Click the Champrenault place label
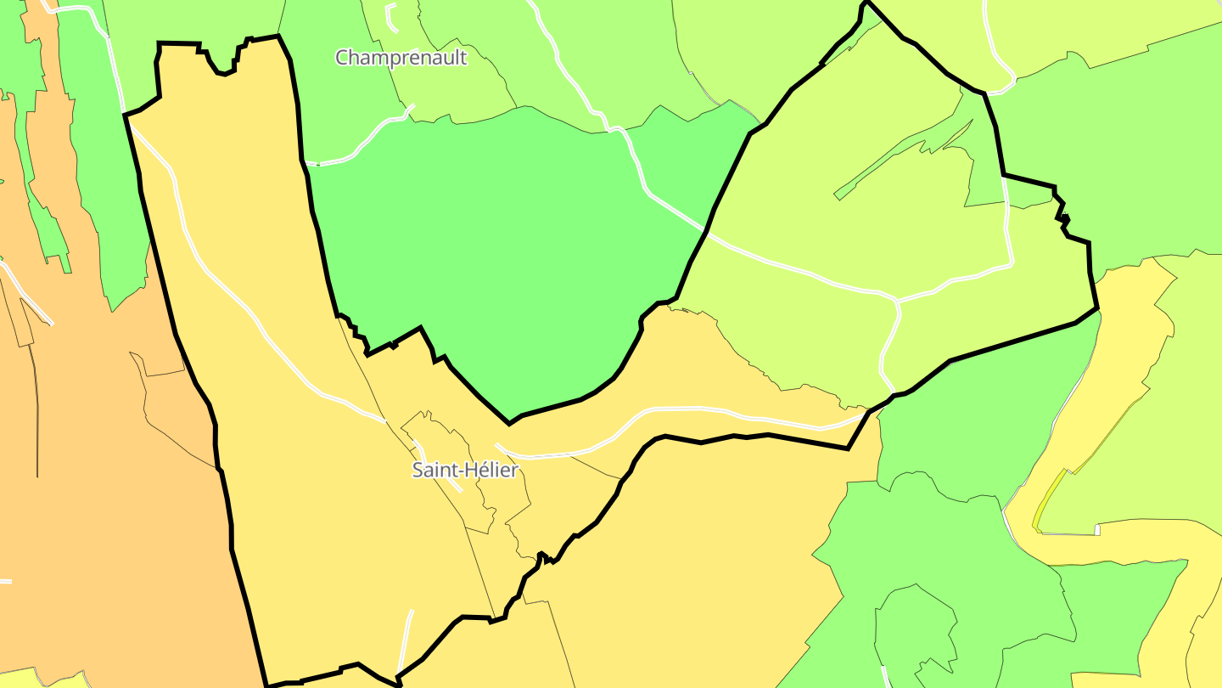(x=401, y=58)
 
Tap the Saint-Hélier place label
(x=464, y=470)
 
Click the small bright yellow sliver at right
(x=1049, y=501)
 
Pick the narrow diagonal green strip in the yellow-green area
(x=900, y=157)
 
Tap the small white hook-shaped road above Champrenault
(x=390, y=17)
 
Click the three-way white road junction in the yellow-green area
(x=898, y=302)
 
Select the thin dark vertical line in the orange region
(x=36, y=408)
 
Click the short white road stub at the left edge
(x=5, y=581)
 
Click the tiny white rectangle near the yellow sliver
(x=1097, y=530)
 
